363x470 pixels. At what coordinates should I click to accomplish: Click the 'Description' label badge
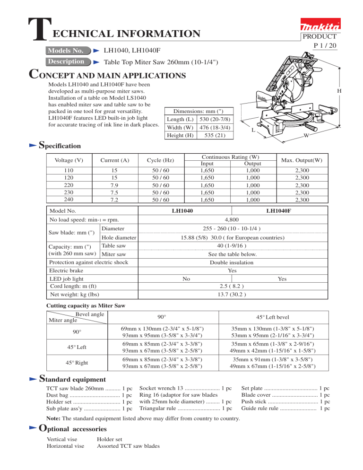pos(66,61)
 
